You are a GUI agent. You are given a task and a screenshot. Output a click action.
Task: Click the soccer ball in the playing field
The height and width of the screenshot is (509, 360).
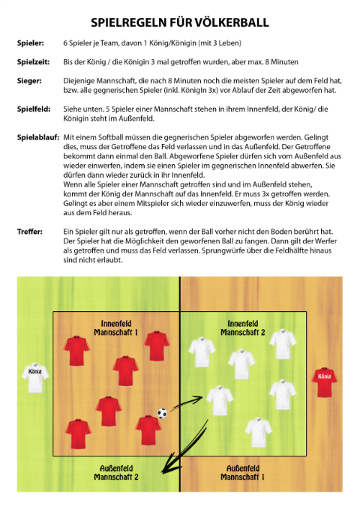tap(162, 413)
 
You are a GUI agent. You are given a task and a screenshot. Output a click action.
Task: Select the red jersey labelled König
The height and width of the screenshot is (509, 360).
tap(324, 382)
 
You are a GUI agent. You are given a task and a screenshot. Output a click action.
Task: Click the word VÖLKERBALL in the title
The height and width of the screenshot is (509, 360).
tap(231, 22)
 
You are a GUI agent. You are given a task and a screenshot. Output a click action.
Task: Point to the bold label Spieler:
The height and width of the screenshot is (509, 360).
tap(30, 43)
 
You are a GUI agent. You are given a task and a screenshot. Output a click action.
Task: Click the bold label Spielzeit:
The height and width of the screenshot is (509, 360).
tap(33, 62)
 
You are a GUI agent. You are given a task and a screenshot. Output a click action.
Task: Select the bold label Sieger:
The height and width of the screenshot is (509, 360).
tap(30, 81)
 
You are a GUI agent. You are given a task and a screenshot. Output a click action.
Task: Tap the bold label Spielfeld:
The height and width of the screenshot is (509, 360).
tap(34, 109)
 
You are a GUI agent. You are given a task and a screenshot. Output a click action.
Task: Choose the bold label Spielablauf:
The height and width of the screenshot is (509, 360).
tap(38, 137)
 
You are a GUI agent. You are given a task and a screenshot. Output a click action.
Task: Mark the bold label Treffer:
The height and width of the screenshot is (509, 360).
tap(30, 231)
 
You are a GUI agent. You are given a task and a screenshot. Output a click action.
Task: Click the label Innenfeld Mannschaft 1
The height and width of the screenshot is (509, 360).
tap(116, 328)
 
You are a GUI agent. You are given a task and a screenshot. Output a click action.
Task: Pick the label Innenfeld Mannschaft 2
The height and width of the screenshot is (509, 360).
tap(243, 328)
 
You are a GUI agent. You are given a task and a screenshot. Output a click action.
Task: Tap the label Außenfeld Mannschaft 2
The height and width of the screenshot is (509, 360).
tap(116, 472)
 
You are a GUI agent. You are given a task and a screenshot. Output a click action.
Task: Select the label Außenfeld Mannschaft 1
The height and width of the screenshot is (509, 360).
tap(242, 472)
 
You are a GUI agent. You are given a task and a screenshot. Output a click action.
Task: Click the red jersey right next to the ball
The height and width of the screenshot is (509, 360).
tap(148, 430)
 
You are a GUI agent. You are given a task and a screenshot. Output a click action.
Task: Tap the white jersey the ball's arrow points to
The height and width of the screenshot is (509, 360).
tap(220, 400)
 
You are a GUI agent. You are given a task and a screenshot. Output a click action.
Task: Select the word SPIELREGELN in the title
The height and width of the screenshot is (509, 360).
tap(129, 22)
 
